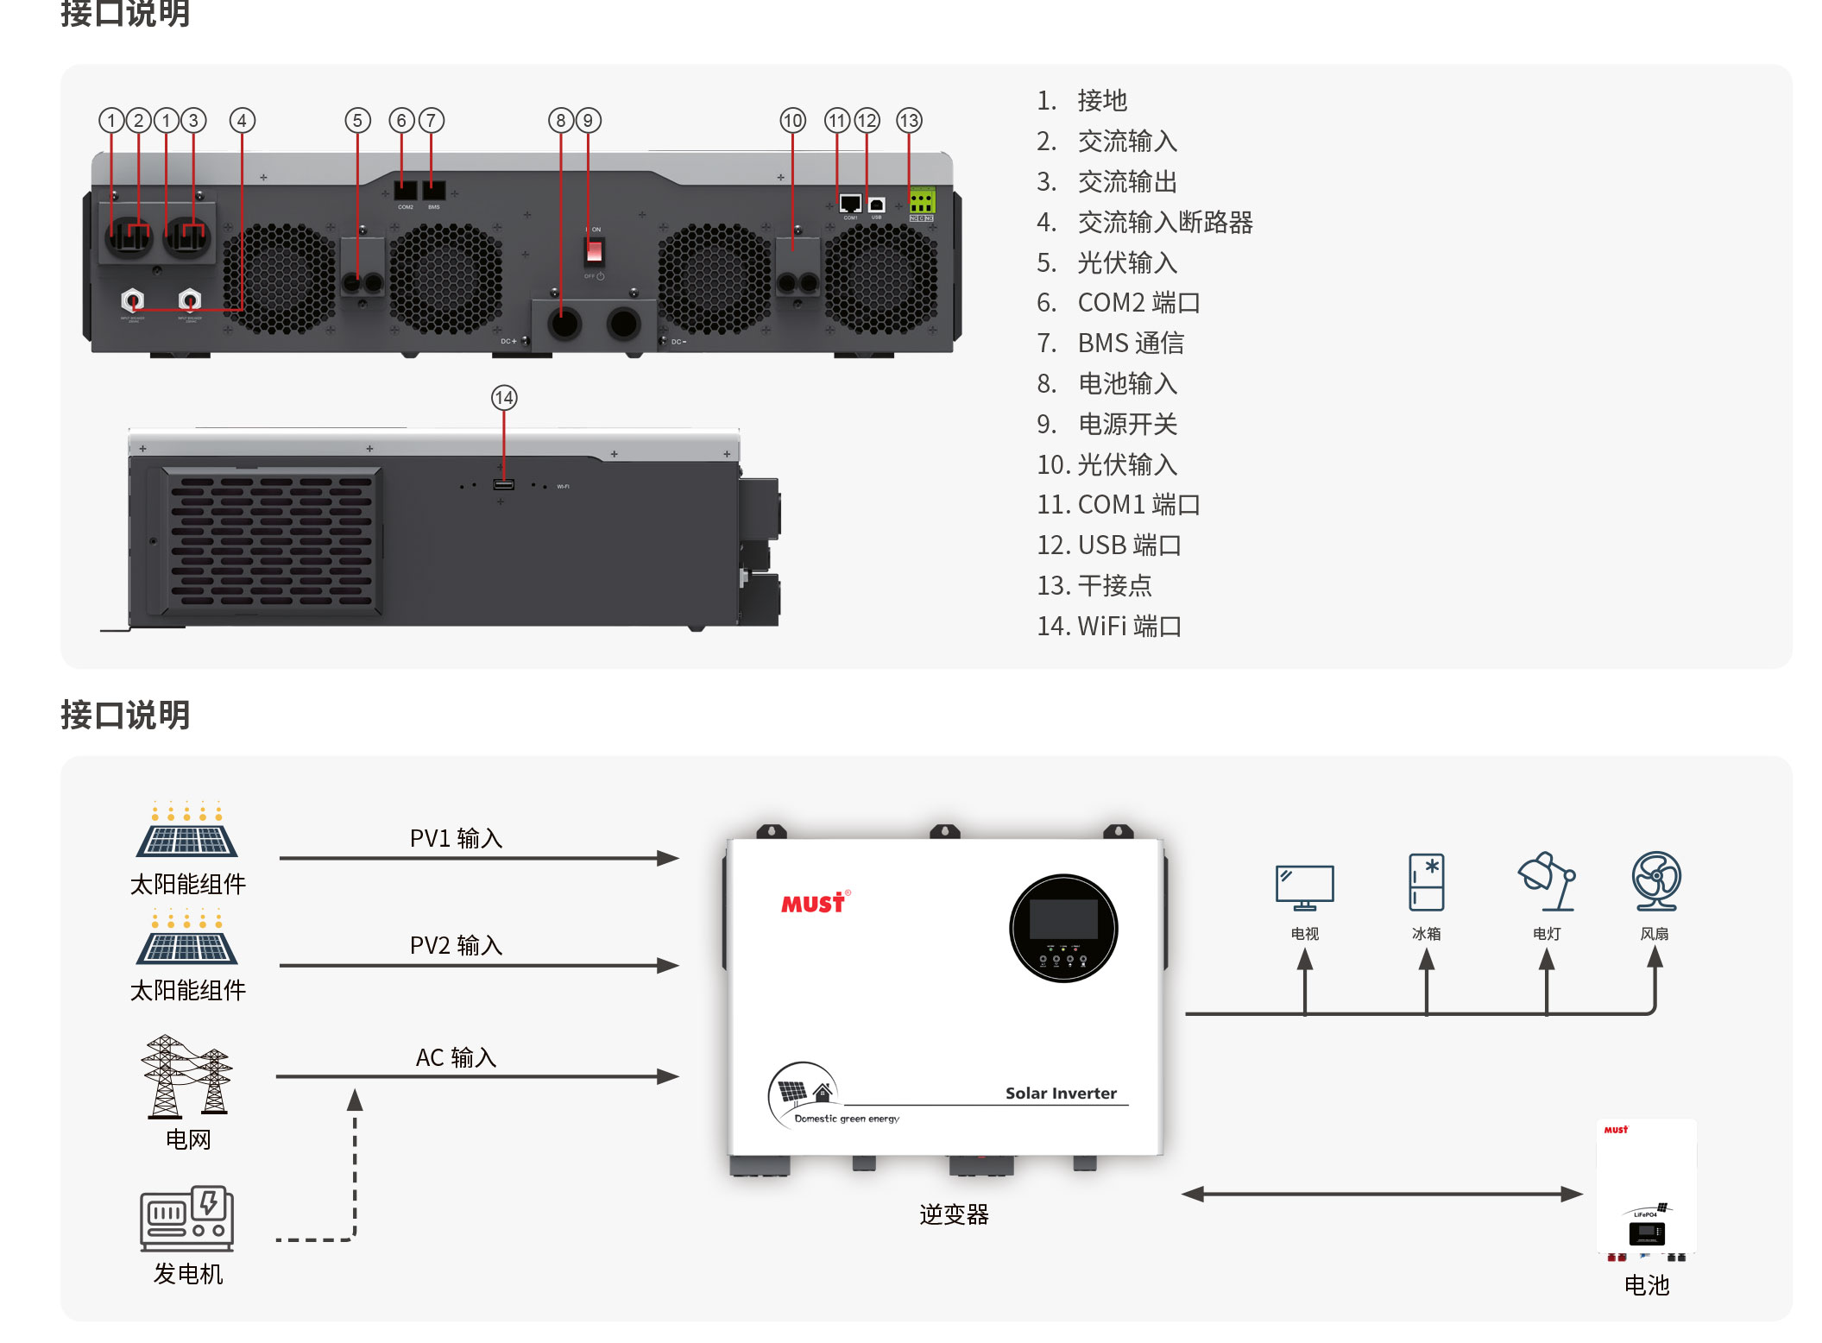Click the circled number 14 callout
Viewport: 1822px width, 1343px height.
[x=504, y=398]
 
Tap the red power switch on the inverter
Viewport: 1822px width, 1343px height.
[x=594, y=251]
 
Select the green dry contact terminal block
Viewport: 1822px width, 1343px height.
[x=921, y=202]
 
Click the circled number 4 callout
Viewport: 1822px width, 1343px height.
[x=242, y=121]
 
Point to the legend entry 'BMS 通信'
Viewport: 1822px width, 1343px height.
[x=1130, y=344]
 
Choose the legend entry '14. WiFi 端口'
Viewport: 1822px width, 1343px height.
[x=1109, y=627]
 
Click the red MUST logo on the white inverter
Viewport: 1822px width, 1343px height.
[x=813, y=904]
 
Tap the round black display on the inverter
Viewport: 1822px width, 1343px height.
[x=1063, y=929]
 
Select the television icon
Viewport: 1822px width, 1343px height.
[x=1304, y=887]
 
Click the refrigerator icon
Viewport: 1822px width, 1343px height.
[x=1426, y=882]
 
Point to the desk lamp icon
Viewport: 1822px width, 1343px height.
[x=1547, y=881]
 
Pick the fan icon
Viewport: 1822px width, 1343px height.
[x=1655, y=881]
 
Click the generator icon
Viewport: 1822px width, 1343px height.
[x=187, y=1218]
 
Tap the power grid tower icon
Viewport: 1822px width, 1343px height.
[x=187, y=1076]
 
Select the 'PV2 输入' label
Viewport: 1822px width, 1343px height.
[x=456, y=946]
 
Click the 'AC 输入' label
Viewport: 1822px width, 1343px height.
[x=456, y=1058]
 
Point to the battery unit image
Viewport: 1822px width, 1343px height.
[x=1646, y=1189]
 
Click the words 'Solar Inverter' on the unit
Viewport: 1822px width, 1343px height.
[x=1061, y=1094]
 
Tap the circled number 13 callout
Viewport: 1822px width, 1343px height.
[x=909, y=121]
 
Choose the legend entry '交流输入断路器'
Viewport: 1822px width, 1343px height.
[x=1164, y=223]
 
